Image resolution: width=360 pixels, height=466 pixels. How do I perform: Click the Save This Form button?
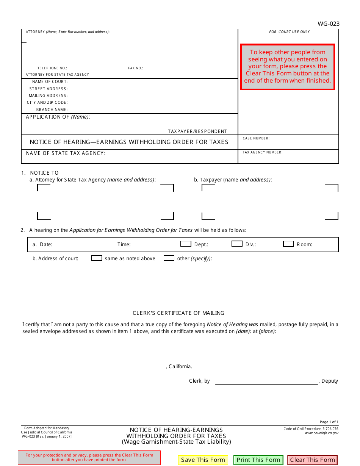[203, 460]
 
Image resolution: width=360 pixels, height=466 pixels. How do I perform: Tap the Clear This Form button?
[312, 460]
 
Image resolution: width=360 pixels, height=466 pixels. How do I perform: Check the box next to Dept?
[186, 244]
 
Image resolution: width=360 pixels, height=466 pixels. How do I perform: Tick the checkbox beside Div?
[237, 244]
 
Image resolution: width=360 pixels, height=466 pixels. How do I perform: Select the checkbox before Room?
[288, 244]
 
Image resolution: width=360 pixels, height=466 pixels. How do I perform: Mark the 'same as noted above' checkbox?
[97, 258]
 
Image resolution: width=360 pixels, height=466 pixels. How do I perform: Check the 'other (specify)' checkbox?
[169, 258]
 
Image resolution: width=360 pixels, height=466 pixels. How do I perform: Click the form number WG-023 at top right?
[328, 24]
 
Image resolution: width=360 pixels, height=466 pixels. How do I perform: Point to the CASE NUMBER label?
[256, 138]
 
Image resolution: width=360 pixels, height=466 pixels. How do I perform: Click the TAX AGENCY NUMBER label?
[262, 152]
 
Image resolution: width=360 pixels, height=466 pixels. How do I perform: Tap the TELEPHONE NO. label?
[52, 68]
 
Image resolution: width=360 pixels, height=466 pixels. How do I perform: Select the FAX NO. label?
[135, 68]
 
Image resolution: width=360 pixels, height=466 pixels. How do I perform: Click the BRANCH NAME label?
[52, 109]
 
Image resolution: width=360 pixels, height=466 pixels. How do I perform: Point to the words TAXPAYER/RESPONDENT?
[197, 131]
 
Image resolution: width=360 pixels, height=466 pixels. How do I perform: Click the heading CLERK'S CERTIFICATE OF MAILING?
[178, 313]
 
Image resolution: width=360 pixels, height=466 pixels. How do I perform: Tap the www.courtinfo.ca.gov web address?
[321, 433]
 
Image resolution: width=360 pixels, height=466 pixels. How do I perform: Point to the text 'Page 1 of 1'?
[329, 422]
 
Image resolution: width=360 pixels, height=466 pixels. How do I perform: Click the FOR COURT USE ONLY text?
[289, 32]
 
